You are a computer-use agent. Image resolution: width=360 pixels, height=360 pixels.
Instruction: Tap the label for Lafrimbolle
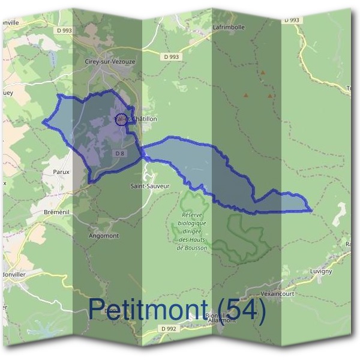pos(229,27)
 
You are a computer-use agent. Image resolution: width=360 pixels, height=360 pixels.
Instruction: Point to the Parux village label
pos(61,172)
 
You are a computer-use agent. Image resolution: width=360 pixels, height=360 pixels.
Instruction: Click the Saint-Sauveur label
pos(150,186)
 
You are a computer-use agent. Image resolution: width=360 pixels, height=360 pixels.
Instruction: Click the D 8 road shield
pos(120,154)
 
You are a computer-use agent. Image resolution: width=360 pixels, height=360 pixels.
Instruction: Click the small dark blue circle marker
pos(121,119)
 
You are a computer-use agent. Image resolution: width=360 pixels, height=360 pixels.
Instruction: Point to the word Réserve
pos(194,215)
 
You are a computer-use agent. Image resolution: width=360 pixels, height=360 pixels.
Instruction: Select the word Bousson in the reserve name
pos(196,248)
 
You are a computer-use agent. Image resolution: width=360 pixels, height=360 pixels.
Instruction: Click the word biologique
pos(192,223)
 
